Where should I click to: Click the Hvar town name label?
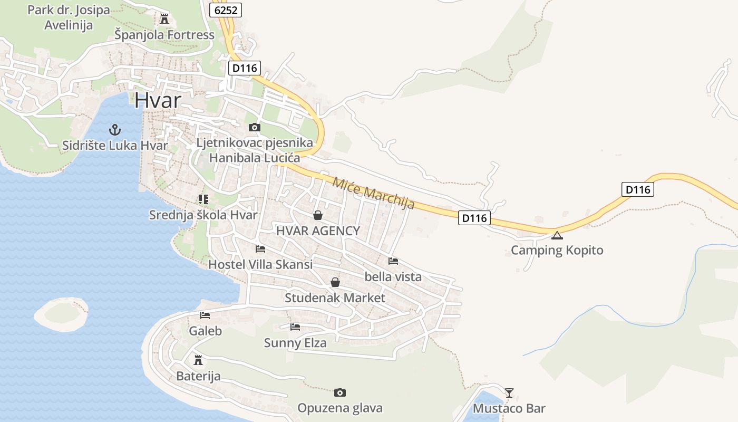(158, 100)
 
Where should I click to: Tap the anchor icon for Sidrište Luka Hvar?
(114, 129)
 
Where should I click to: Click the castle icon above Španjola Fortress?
(164, 20)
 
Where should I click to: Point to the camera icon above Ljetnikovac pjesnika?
(254, 127)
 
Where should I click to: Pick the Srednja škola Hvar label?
(203, 215)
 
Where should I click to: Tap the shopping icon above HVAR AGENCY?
(318, 215)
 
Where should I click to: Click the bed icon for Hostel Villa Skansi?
(260, 249)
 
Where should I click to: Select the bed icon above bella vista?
(393, 261)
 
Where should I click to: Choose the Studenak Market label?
(335, 298)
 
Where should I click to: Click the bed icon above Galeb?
(205, 316)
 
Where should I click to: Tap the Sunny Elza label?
(295, 343)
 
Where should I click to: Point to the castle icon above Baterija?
(198, 360)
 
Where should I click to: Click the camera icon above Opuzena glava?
(340, 392)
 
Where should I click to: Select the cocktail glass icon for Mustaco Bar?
(509, 392)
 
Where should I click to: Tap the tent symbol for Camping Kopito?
(557, 235)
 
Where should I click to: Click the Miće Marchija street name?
(374, 193)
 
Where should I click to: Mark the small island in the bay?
(61, 314)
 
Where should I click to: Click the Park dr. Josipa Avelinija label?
(69, 17)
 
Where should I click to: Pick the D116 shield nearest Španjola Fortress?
(245, 68)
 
